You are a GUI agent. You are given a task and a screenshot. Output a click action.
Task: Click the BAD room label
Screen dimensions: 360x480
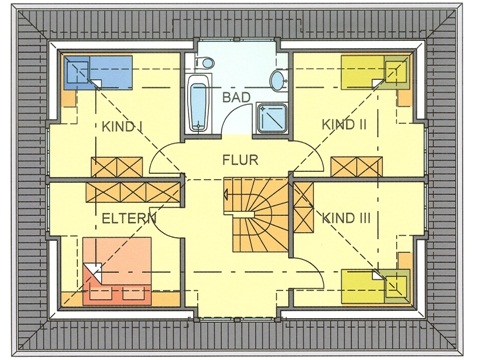[x=236, y=98]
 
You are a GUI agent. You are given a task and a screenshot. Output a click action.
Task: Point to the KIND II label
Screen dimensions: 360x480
[x=344, y=124]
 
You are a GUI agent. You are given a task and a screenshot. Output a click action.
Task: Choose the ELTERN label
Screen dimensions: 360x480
[x=126, y=217]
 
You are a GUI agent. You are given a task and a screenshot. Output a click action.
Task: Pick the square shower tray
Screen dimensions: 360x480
[x=268, y=118]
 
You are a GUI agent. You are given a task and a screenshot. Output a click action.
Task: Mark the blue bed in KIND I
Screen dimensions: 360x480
[x=99, y=71]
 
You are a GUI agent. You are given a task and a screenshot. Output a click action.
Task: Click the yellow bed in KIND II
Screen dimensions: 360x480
[x=376, y=72]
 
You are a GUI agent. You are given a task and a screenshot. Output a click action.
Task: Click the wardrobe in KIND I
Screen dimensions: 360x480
[x=118, y=167]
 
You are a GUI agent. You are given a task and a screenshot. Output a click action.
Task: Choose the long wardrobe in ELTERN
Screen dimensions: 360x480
[x=132, y=188]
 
